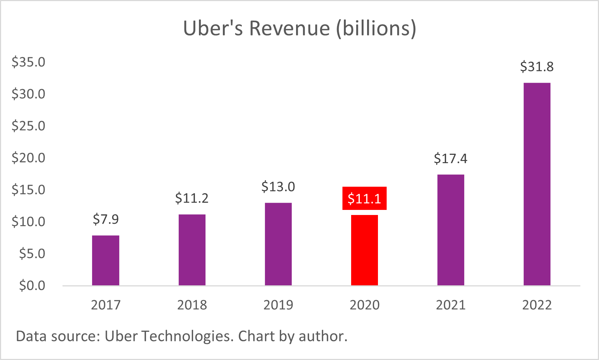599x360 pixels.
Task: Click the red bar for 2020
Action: coord(364,250)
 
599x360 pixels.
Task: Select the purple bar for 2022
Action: coord(537,184)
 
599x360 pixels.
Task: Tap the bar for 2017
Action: coord(105,260)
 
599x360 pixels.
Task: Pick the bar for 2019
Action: coord(278,244)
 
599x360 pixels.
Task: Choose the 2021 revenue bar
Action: coord(450,230)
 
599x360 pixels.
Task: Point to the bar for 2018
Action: coord(192,250)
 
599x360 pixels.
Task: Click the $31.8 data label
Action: coord(537,67)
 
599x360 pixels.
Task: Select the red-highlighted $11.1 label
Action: coord(364,199)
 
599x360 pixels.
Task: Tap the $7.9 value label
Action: coord(105,219)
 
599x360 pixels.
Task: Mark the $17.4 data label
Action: coord(450,159)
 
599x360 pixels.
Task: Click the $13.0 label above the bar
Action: coord(278,187)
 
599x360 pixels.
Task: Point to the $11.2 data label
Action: coord(192,198)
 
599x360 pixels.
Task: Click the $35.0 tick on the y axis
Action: coord(28,62)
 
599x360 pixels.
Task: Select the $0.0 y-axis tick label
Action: coord(32,286)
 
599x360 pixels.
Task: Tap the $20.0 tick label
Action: coord(28,158)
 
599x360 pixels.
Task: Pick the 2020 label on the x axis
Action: coord(364,305)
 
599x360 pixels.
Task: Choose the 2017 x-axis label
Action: coord(105,305)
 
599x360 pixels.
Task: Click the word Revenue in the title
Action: coord(290,28)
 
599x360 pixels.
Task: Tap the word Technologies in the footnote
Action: coord(187,336)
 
